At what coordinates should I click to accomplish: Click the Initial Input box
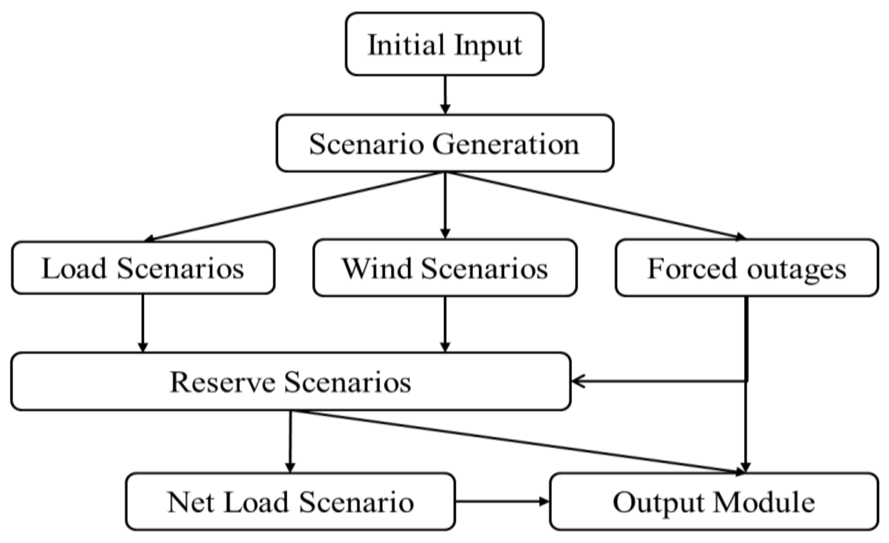(x=444, y=44)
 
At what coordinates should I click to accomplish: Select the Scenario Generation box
(x=444, y=143)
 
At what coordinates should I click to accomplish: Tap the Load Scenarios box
(x=143, y=268)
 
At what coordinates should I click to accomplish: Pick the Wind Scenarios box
(x=444, y=268)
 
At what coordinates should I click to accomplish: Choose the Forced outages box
(x=746, y=268)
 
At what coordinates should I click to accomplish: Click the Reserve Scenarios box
(x=290, y=382)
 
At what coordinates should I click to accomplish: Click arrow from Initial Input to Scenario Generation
(x=445, y=94)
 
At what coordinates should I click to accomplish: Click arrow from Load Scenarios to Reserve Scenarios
(x=143, y=323)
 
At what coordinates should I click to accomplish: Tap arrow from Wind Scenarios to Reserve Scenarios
(x=445, y=324)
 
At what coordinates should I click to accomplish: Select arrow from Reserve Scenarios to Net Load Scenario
(x=290, y=441)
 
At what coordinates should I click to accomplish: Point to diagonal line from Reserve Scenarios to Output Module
(x=517, y=442)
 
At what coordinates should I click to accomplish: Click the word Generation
(x=505, y=143)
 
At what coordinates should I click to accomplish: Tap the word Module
(x=763, y=502)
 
